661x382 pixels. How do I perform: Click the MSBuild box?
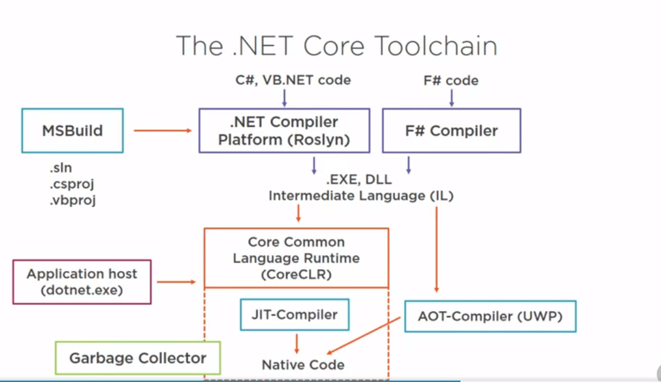(73, 131)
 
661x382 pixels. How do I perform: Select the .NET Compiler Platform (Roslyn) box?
(284, 131)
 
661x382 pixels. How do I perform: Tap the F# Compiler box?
(451, 131)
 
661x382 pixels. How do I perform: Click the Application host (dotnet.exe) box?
(82, 281)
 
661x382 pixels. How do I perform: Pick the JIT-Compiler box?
(295, 315)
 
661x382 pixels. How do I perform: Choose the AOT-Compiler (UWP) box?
(490, 317)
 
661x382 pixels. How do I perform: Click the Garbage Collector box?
(138, 358)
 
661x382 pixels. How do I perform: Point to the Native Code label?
(302, 364)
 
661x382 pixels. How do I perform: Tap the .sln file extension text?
(60, 168)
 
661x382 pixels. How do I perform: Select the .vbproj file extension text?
(72, 200)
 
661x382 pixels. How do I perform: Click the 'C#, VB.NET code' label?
(293, 80)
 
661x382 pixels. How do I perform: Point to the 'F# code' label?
(451, 80)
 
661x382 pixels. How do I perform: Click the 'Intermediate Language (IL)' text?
(361, 195)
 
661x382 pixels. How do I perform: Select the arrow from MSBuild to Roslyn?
(163, 131)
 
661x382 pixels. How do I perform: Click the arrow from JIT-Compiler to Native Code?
(297, 342)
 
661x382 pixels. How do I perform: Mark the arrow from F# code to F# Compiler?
(451, 98)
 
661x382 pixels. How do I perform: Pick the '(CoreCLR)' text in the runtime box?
(296, 275)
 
